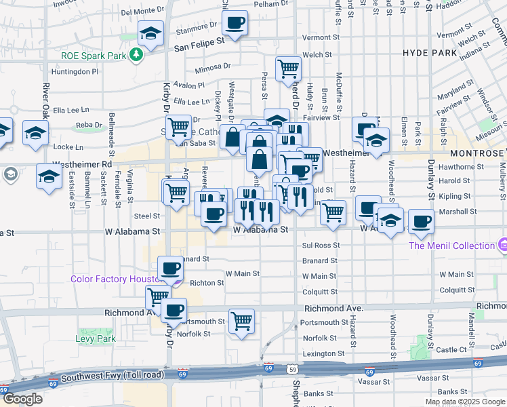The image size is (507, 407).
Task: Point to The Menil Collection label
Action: [x=451, y=246]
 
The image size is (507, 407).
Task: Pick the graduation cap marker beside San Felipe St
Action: [x=150, y=33]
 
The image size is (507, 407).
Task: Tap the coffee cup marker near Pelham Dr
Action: [x=235, y=23]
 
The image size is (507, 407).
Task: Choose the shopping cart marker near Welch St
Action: [x=288, y=68]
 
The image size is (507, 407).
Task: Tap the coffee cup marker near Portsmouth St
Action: [x=174, y=311]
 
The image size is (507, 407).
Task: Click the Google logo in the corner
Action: [x=22, y=399]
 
